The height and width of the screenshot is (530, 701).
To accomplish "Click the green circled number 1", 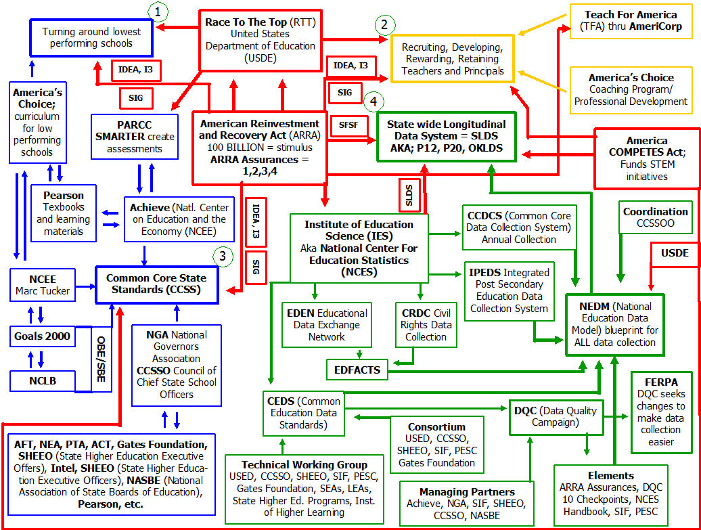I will (x=158, y=12).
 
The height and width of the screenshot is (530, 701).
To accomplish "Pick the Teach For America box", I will (x=631, y=21).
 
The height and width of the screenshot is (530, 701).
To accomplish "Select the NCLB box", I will (x=43, y=380).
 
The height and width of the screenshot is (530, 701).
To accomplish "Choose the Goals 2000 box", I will (x=43, y=336).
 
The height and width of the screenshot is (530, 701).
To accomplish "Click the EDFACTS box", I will (x=357, y=370).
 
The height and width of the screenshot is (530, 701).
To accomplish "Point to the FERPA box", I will (x=661, y=412).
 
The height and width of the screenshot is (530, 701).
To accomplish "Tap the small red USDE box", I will (x=675, y=253).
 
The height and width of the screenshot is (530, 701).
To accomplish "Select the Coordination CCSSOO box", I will (x=655, y=217).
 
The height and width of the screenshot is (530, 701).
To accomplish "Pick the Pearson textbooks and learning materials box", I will (x=64, y=213).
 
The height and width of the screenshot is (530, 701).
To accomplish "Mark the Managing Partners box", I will (x=468, y=503).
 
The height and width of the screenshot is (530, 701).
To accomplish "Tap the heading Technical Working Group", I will (x=304, y=465).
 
